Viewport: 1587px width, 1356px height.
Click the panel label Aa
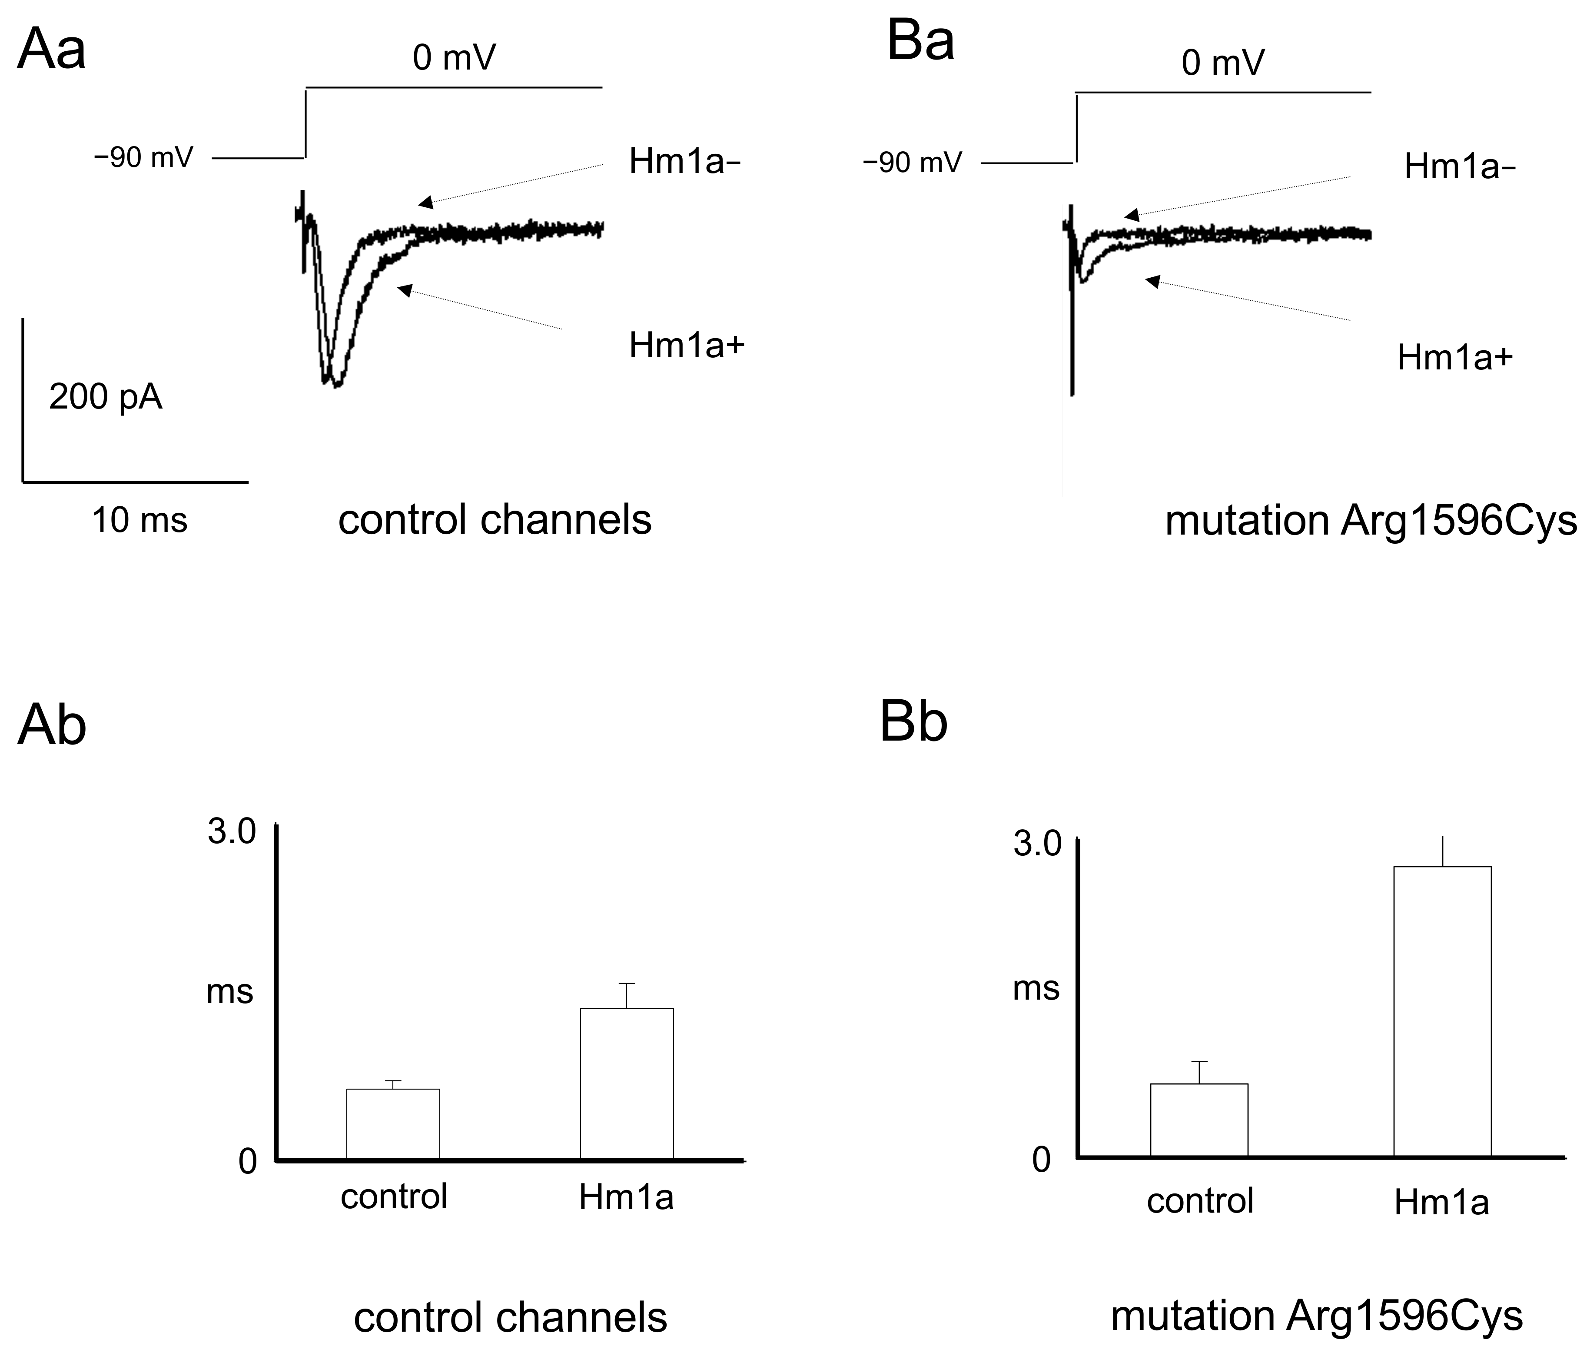tap(51, 50)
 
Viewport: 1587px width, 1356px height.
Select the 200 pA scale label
tap(106, 398)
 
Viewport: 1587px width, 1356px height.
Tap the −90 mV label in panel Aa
tap(143, 158)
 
